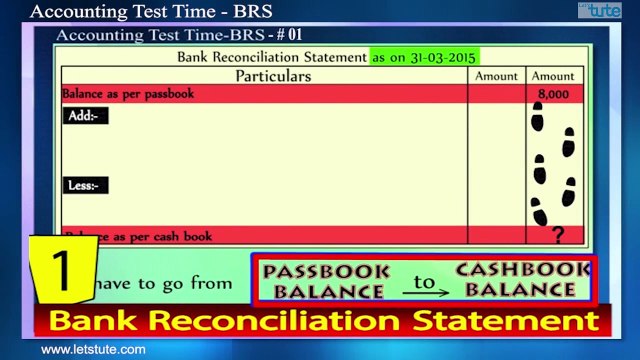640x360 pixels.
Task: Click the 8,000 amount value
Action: (x=552, y=94)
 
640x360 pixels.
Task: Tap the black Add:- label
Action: (x=83, y=116)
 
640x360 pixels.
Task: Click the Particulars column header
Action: (x=273, y=76)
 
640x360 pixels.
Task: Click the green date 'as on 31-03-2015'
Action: (x=423, y=57)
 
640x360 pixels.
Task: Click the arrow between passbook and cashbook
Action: (x=425, y=292)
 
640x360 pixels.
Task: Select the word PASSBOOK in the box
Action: (x=323, y=270)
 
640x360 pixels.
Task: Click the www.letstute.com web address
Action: (x=93, y=350)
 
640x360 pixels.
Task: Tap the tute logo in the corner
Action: (x=603, y=10)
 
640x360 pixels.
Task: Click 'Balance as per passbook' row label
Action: (x=128, y=94)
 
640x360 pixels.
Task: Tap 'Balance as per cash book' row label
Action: (x=140, y=237)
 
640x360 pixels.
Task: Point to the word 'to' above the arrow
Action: (x=425, y=281)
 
